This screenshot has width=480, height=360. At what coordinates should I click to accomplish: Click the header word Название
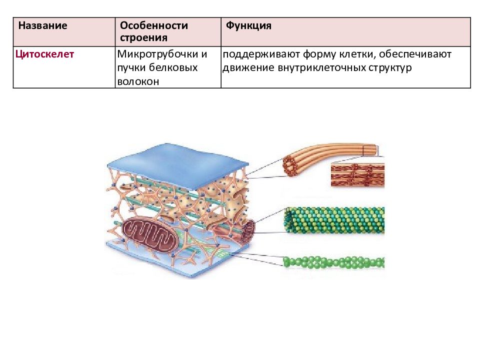42,25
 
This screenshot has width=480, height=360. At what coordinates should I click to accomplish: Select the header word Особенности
154,25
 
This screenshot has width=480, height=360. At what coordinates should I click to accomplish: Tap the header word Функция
248,25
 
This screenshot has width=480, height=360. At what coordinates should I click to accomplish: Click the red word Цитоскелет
44,54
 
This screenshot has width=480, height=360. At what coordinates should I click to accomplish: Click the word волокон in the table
138,81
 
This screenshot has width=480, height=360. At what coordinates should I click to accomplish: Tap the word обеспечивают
415,54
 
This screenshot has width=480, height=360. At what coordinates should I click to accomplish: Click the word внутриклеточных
322,68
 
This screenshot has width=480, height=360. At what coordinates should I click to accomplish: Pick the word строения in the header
143,38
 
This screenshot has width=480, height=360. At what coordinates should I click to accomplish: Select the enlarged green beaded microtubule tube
334,220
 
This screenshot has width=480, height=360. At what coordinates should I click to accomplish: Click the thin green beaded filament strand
333,262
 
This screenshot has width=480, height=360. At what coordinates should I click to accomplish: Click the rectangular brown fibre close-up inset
357,175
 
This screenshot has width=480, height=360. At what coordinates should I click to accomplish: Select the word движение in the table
248,68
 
